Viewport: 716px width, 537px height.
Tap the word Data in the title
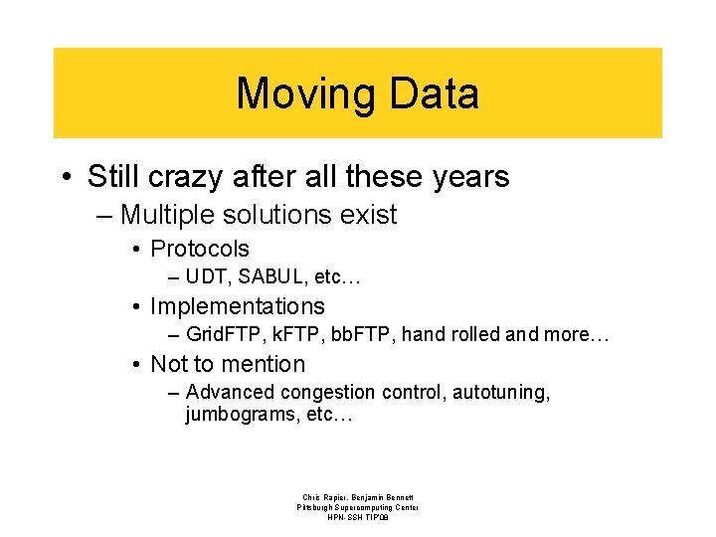(434, 94)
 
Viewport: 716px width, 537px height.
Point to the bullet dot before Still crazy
(66, 178)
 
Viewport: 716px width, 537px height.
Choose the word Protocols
(200, 249)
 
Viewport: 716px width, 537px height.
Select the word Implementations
(238, 306)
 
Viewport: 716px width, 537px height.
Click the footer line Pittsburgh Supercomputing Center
(358, 507)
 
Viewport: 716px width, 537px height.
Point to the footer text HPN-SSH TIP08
(358, 518)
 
